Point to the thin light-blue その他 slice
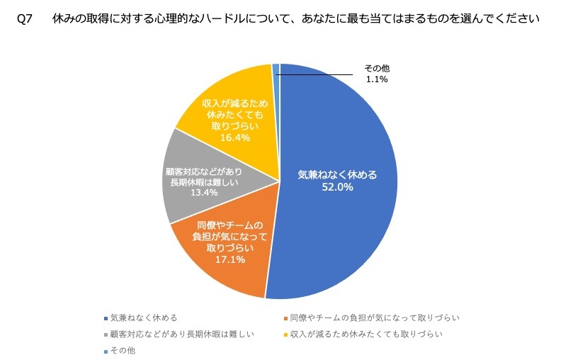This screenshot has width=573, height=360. coord(276,68)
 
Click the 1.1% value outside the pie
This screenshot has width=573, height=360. coord(377,79)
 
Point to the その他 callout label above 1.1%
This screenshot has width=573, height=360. coord(377,68)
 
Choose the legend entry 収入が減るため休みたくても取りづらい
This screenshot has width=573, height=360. coord(365,334)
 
